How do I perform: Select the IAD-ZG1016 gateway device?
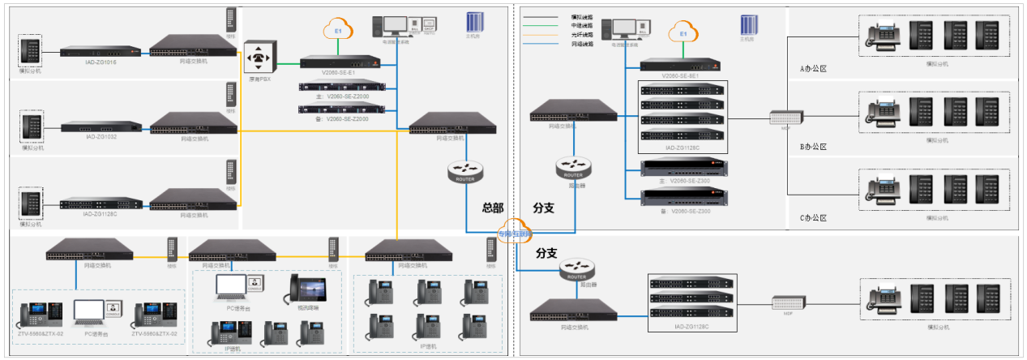(x=99, y=52)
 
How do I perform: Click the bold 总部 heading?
(x=493, y=208)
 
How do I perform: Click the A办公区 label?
(x=812, y=69)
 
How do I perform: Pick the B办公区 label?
(x=812, y=147)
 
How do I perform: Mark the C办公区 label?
(x=812, y=218)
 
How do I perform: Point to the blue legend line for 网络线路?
(x=538, y=44)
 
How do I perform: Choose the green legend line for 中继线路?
(x=538, y=26)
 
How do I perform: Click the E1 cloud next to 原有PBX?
(x=339, y=31)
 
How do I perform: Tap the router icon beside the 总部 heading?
(x=465, y=172)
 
